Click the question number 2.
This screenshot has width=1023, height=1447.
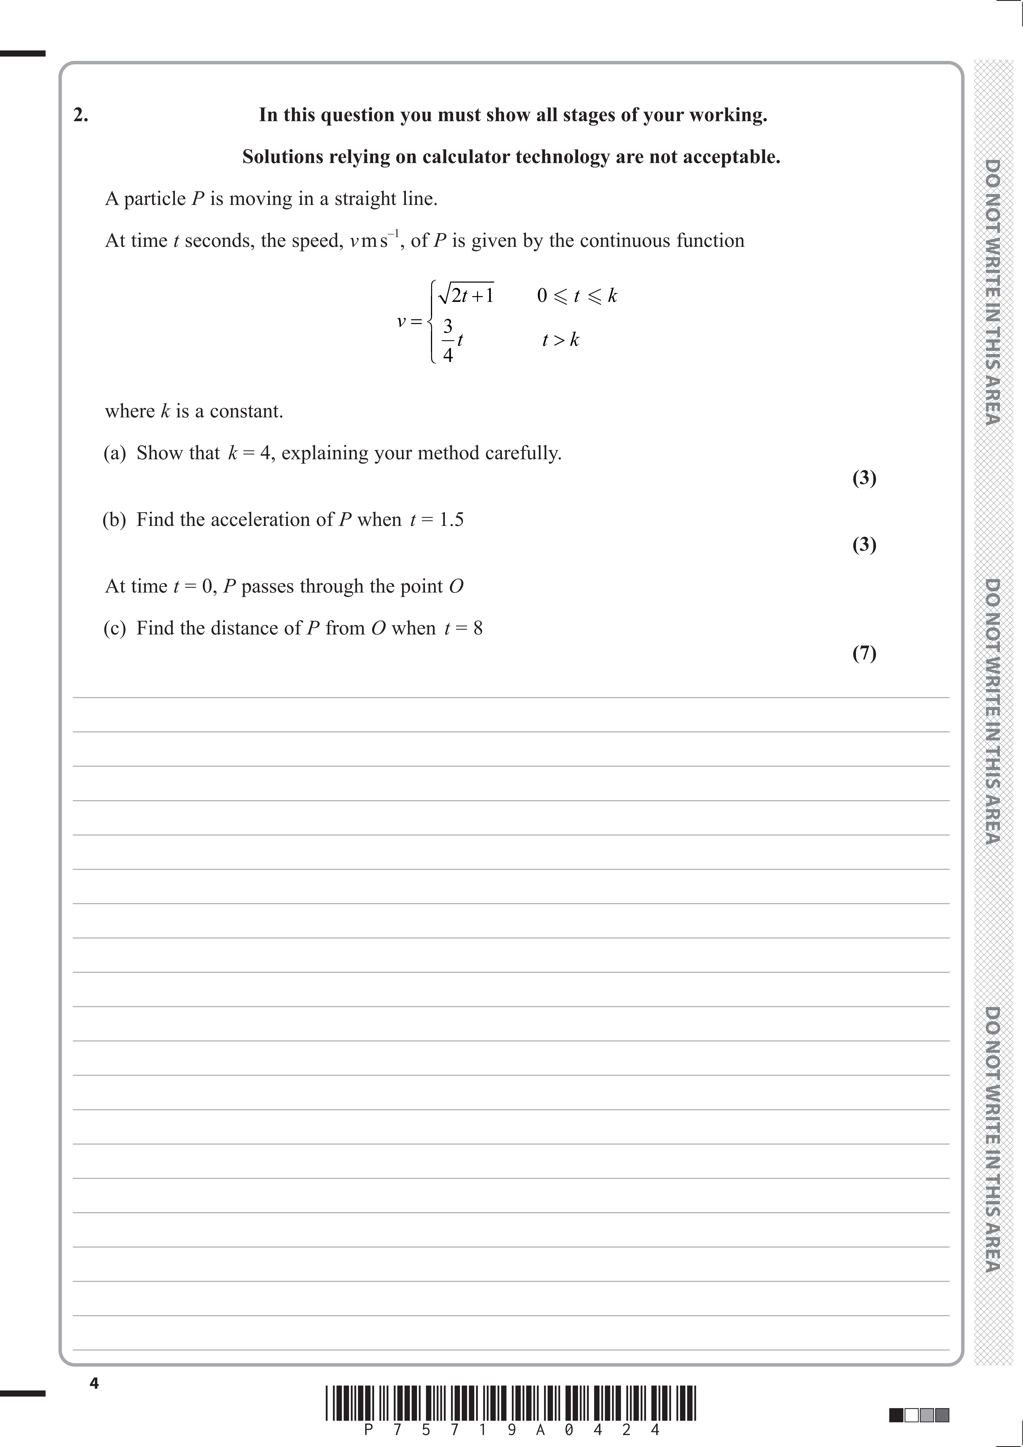click(81, 115)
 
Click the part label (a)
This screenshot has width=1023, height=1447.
click(115, 453)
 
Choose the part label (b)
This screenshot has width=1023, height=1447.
click(115, 520)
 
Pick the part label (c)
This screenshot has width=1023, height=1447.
click(115, 628)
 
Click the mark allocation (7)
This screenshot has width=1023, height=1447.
click(864, 653)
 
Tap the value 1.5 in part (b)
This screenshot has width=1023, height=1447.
click(451, 520)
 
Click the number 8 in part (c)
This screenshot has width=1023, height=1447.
click(478, 628)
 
